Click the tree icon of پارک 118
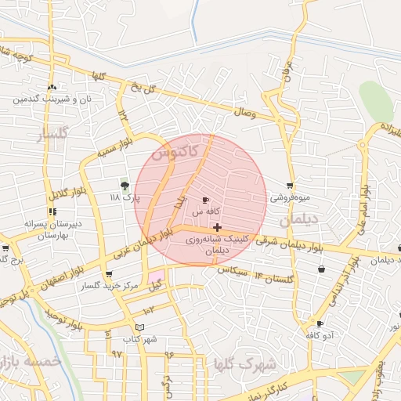pos(125,186)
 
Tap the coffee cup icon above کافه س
pos(206,200)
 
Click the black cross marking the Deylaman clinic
pos(217,227)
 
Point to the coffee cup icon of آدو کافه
pos(320,323)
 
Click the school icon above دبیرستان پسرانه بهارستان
pos(52,211)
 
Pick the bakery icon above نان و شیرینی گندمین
pos(52,88)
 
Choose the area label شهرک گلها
pos(244,364)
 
